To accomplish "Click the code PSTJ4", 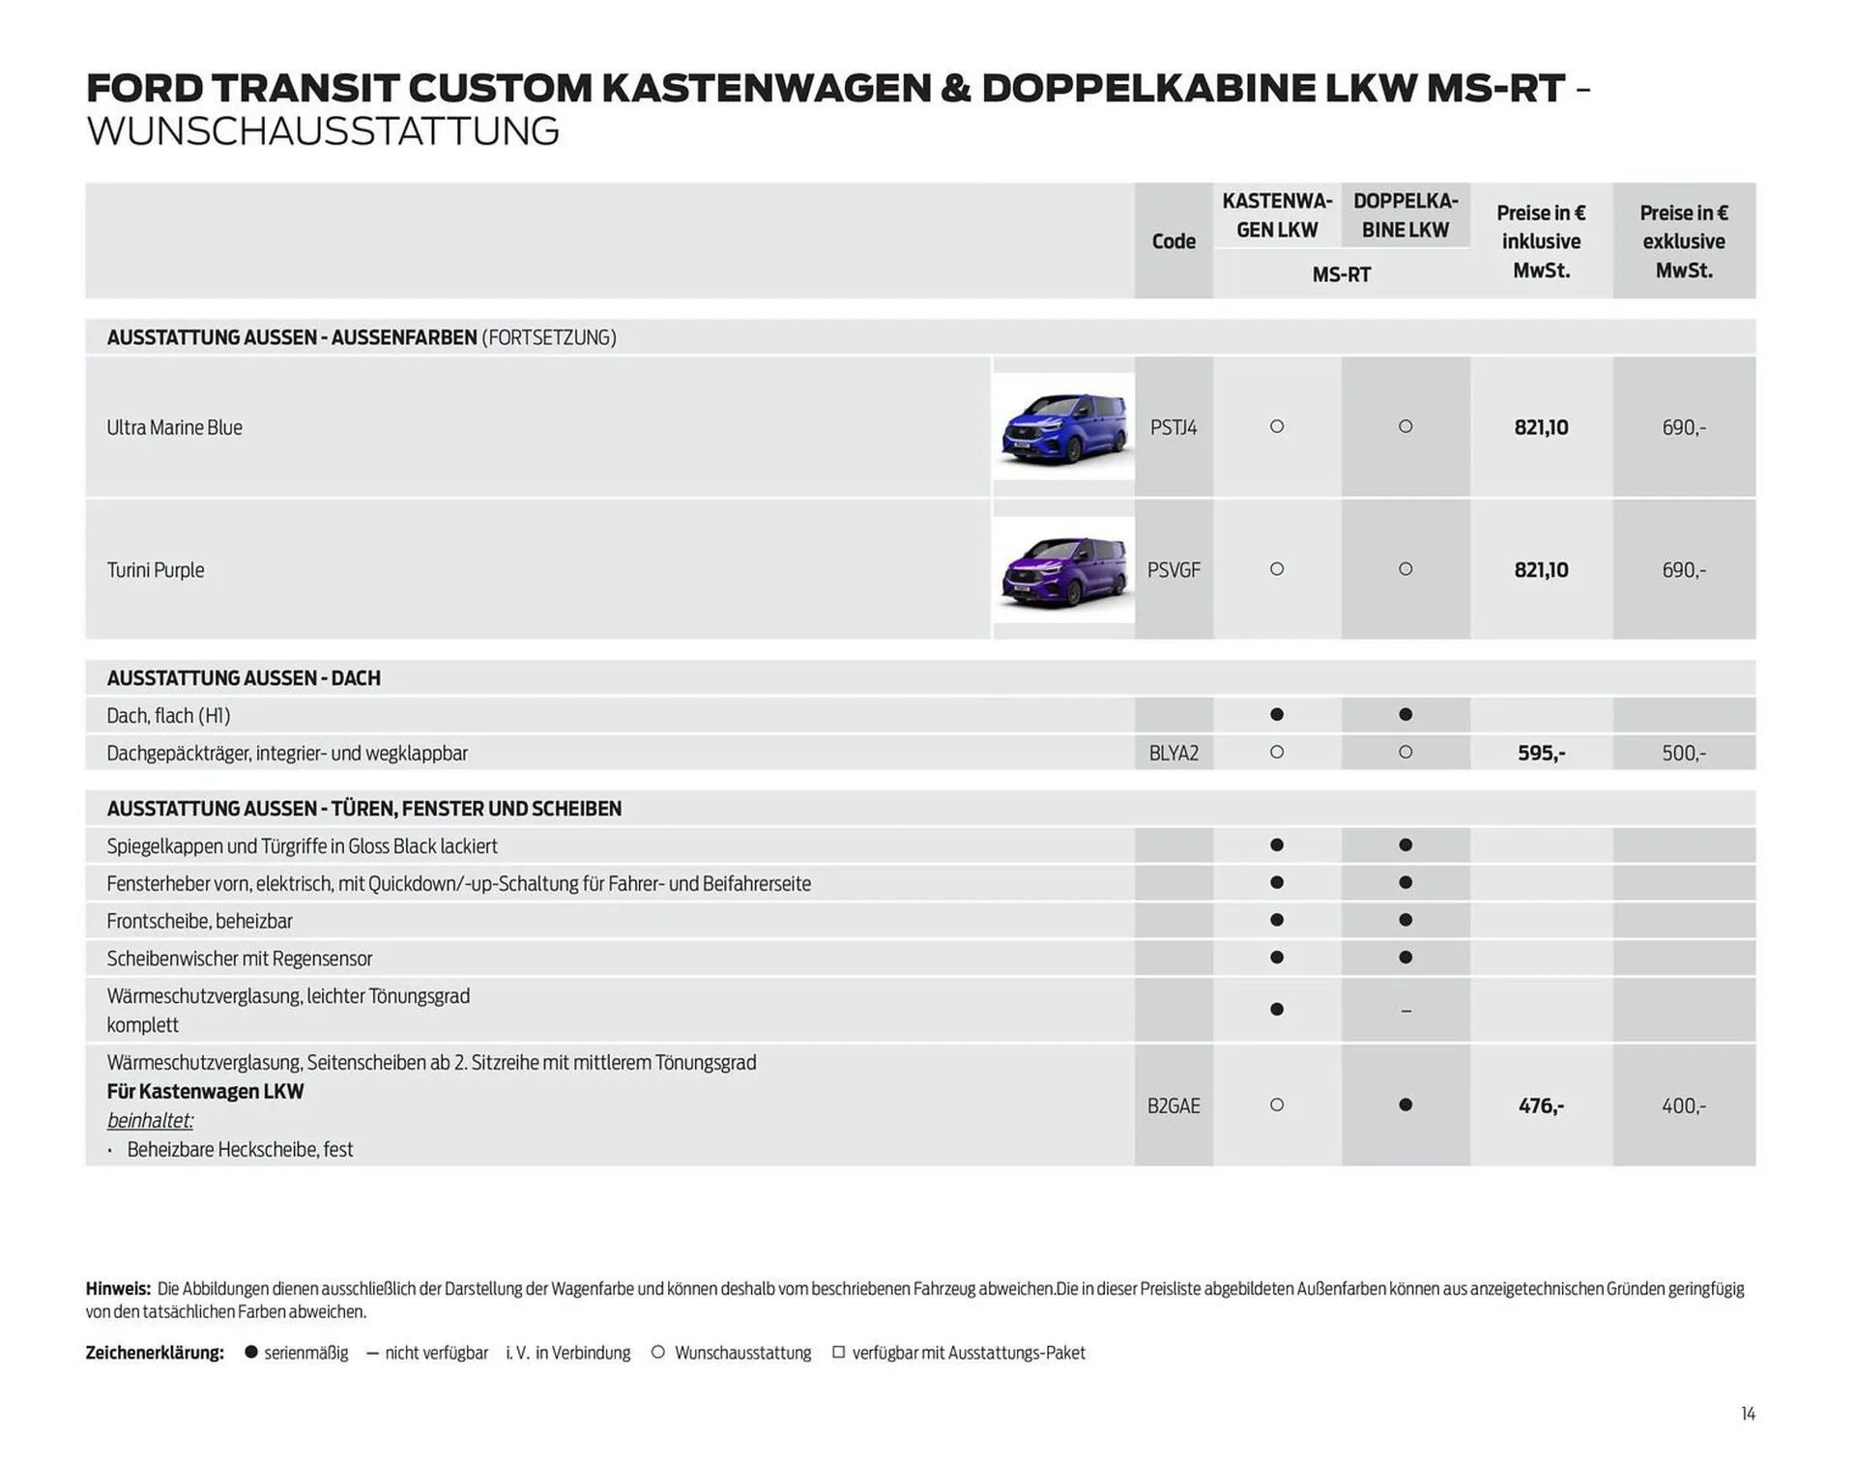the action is (1173, 427).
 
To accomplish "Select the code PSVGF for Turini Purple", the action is (1173, 570).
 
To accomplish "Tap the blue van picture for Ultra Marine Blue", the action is (1063, 427).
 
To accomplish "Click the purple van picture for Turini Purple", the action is (1063, 571).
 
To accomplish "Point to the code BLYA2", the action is (1173, 753).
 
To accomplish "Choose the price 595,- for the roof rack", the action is (1541, 753).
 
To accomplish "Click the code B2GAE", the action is (1173, 1105).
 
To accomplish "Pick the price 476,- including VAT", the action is (1541, 1105).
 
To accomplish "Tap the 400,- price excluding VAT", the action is (1683, 1105).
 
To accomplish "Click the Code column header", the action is (1173, 242).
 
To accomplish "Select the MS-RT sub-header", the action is (1341, 274).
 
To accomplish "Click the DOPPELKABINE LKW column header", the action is (1405, 215).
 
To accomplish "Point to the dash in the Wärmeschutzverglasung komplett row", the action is (1406, 1011).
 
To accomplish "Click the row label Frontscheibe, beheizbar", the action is (199, 921).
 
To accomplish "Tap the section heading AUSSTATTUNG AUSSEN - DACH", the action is (244, 678).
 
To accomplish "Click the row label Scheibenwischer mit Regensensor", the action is (239, 959).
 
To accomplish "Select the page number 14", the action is (1748, 1414).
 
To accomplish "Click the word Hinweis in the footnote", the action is (117, 1288).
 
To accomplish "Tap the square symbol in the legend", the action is (838, 1352).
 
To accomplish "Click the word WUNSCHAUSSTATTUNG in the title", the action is (323, 131).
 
